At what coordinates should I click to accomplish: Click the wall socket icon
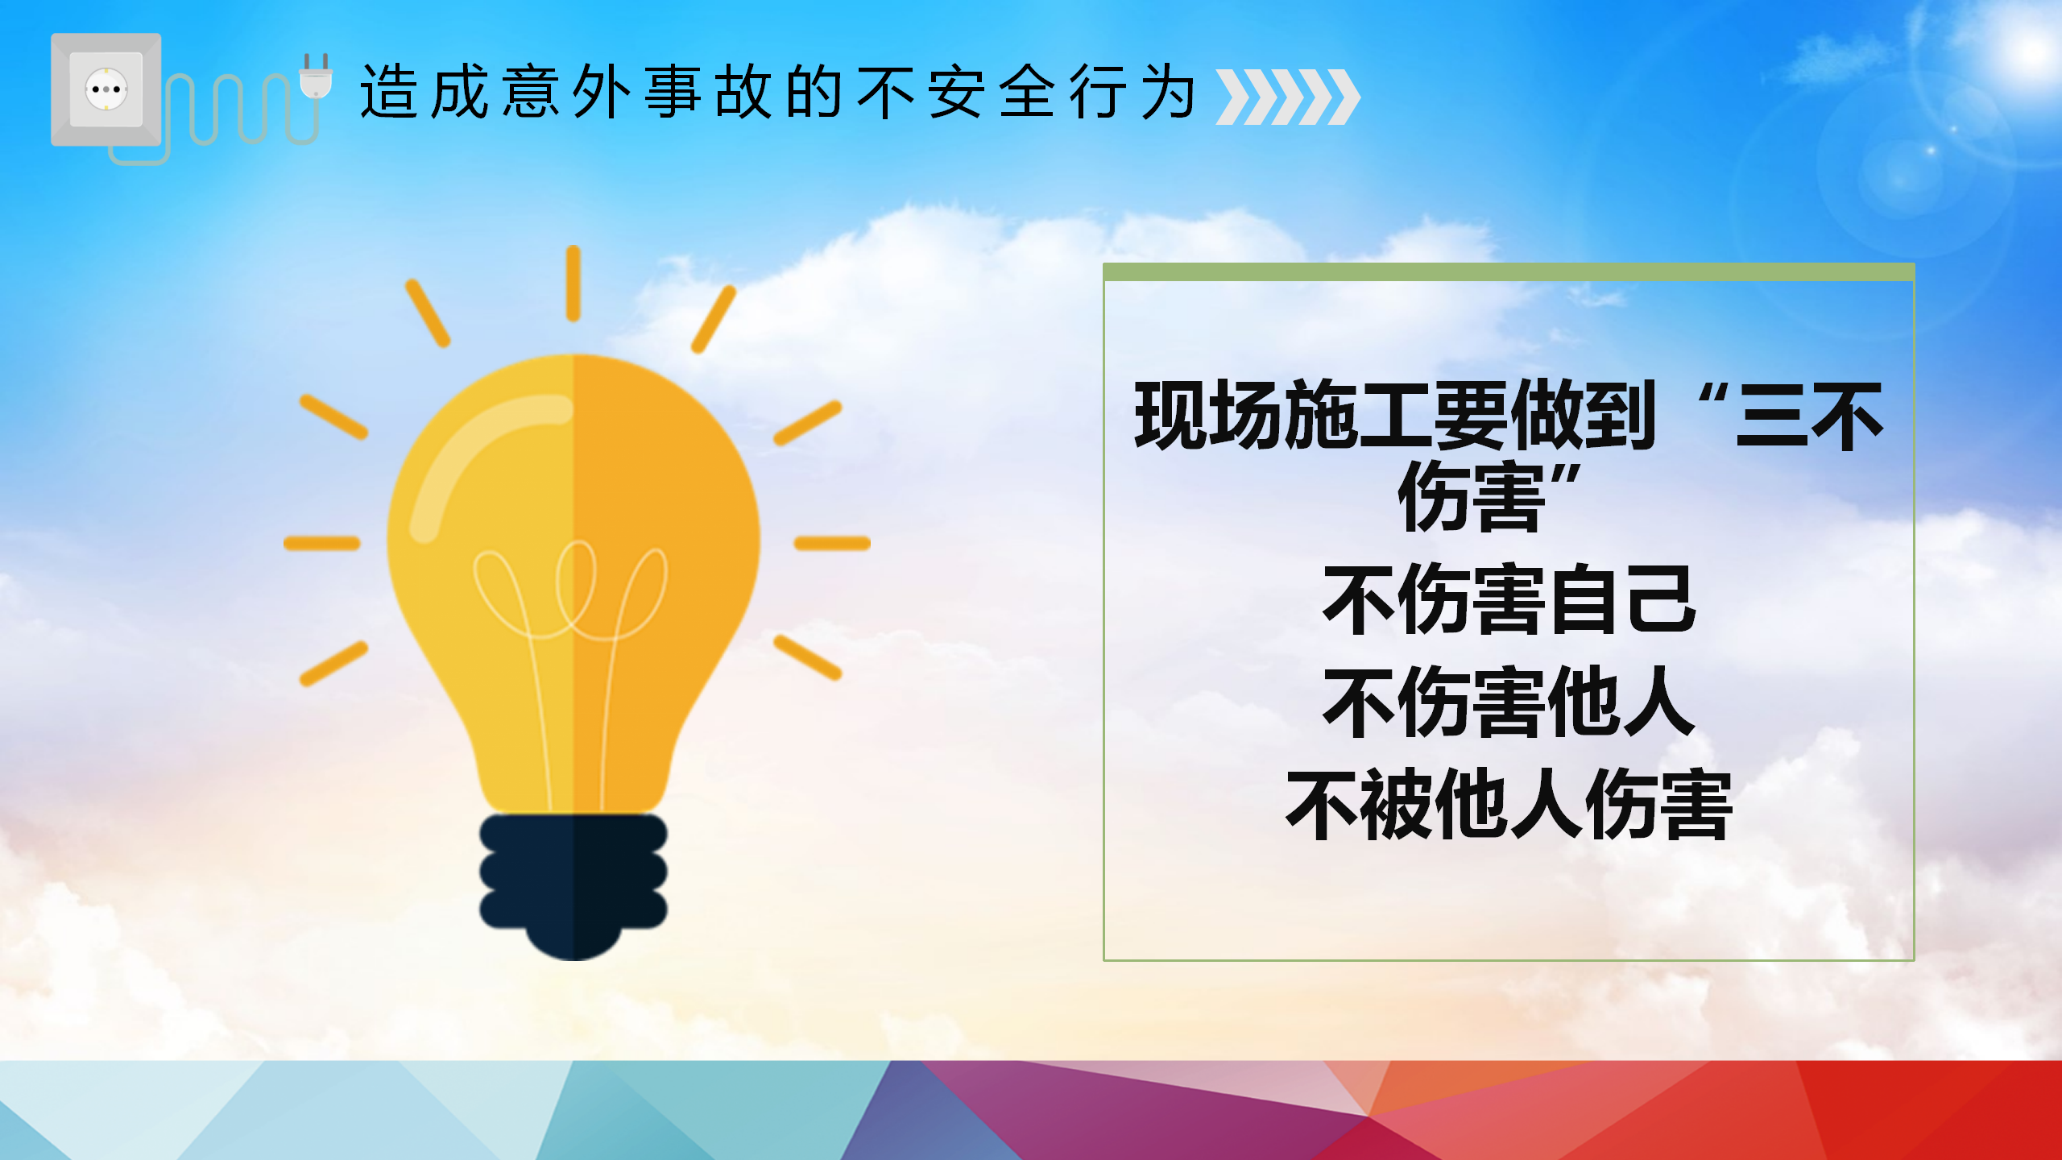coord(106,89)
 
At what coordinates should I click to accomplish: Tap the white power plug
coord(316,76)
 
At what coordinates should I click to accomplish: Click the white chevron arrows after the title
coord(1288,97)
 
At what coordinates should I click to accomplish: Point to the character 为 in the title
coord(1169,93)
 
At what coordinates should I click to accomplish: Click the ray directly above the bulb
coord(573,284)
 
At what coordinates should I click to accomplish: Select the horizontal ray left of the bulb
coord(321,544)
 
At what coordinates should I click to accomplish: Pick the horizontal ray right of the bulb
coord(832,544)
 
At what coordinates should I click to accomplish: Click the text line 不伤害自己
coord(1509,599)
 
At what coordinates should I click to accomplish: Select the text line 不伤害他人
coord(1509,702)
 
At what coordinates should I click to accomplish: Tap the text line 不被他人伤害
coord(1509,805)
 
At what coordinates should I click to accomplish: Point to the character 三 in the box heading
coord(1770,415)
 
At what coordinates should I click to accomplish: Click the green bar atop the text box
coord(1509,272)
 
